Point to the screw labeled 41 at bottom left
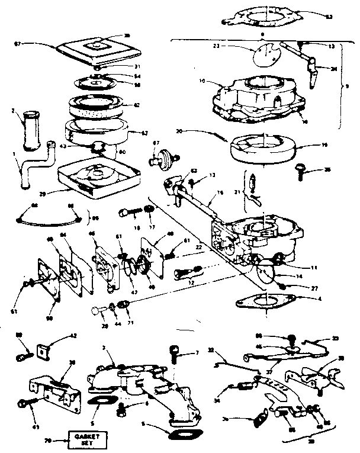25,404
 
